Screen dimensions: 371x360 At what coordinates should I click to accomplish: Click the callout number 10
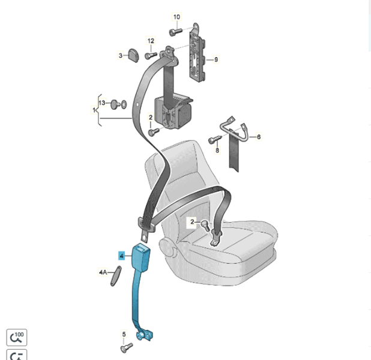(176, 17)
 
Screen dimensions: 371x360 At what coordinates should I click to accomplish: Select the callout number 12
(151, 41)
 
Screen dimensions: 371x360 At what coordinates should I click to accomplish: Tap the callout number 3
(121, 56)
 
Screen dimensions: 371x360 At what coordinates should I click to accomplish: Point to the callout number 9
(216, 59)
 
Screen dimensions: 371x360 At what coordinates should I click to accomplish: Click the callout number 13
(102, 103)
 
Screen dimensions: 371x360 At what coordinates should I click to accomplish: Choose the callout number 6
(259, 137)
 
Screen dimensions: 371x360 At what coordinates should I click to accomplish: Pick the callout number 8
(217, 150)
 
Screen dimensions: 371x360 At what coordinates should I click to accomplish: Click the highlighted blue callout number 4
(122, 256)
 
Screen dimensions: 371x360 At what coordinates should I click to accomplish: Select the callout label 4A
(103, 272)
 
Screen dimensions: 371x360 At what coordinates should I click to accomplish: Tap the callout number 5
(124, 334)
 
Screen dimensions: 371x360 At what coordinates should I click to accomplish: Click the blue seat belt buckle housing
(141, 257)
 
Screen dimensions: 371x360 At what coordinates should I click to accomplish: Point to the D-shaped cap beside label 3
(133, 56)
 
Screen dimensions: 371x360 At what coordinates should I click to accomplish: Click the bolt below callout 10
(176, 31)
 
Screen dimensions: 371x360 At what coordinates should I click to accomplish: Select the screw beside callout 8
(215, 139)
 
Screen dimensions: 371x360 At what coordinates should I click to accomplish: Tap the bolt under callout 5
(127, 348)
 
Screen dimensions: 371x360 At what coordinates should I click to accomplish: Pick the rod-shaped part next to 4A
(116, 276)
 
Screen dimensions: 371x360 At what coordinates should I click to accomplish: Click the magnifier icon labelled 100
(17, 337)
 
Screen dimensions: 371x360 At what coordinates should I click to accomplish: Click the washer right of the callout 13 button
(124, 104)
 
